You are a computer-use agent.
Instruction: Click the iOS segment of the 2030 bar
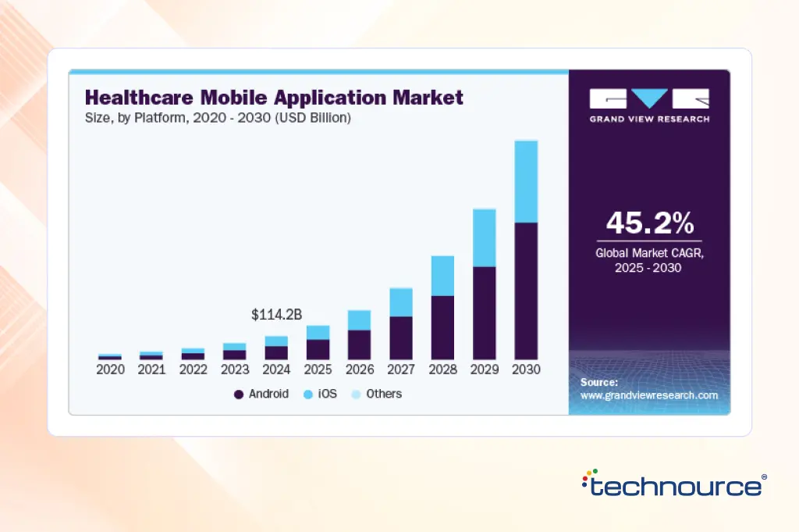click(526, 181)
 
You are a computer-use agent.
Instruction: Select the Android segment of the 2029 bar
click(485, 312)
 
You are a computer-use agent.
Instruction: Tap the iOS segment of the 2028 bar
click(443, 276)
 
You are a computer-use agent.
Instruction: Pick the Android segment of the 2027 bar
click(401, 337)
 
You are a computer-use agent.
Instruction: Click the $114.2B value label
click(276, 315)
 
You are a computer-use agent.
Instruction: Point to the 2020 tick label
click(110, 370)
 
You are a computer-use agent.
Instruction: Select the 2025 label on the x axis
click(318, 370)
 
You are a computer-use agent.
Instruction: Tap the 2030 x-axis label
click(526, 370)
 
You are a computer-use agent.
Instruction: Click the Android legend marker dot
click(238, 395)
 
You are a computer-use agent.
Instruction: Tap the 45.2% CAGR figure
click(649, 224)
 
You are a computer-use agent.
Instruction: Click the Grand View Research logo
click(649, 105)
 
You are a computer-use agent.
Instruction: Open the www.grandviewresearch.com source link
click(649, 395)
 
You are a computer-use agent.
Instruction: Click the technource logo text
click(675, 485)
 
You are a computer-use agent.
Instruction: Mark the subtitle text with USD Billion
click(218, 118)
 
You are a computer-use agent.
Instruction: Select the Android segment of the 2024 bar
click(276, 352)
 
